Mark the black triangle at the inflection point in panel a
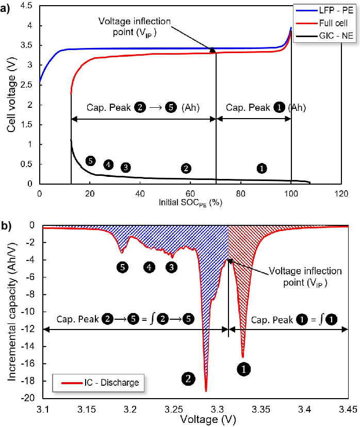tap(212, 49)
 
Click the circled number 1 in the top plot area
tap(262, 168)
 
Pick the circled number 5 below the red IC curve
tap(122, 267)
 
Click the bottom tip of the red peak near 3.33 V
tap(243, 356)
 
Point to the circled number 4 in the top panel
tap(108, 165)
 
